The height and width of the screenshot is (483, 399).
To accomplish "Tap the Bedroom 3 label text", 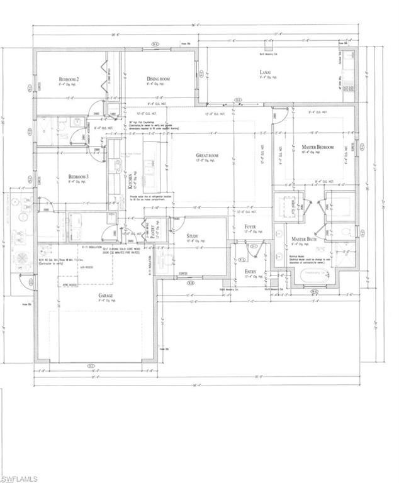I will (78, 177).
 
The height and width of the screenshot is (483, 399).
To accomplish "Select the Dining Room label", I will (157, 79).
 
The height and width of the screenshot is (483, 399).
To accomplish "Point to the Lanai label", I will (266, 73).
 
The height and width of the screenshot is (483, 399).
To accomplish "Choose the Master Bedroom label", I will (317, 147).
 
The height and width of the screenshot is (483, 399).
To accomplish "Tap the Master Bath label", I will (304, 240).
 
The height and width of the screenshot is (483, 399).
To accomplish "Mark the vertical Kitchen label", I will (132, 179).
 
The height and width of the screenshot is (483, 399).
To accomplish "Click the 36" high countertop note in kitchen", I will (155, 125).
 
